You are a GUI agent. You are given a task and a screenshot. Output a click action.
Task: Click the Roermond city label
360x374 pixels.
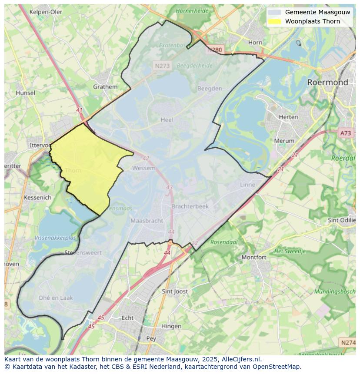coord(327,82)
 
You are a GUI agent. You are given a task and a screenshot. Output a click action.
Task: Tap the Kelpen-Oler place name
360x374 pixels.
coord(46,12)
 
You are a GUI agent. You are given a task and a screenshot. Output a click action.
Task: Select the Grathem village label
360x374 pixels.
coord(105,86)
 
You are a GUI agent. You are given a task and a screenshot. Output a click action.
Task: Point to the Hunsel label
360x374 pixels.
coord(25,93)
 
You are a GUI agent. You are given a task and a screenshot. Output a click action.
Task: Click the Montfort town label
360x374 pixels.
coord(254,257)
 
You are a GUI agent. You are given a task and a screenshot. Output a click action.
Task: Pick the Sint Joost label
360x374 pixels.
coord(175,291)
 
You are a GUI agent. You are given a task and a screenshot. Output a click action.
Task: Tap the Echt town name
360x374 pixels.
coord(127,318)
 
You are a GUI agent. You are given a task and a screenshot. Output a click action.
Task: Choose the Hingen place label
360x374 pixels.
coord(171,326)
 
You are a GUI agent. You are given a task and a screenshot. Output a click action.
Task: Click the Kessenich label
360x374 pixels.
coord(38,197)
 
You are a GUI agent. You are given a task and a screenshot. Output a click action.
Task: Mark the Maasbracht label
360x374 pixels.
coord(147,221)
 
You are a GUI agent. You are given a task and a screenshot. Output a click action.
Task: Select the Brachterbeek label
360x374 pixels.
coord(190,207)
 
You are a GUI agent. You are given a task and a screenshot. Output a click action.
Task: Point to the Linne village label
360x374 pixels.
coord(247,185)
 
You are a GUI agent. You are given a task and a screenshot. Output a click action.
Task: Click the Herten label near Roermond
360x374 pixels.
coord(288,117)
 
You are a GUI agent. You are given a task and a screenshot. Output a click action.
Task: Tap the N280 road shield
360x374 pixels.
coord(215,50)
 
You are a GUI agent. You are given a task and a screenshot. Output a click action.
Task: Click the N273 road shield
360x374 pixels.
coord(162,66)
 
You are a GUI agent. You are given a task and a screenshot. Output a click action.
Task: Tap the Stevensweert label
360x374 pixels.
coord(83,252)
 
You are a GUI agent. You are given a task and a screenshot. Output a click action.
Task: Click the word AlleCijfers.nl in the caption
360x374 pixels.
coord(241,359)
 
